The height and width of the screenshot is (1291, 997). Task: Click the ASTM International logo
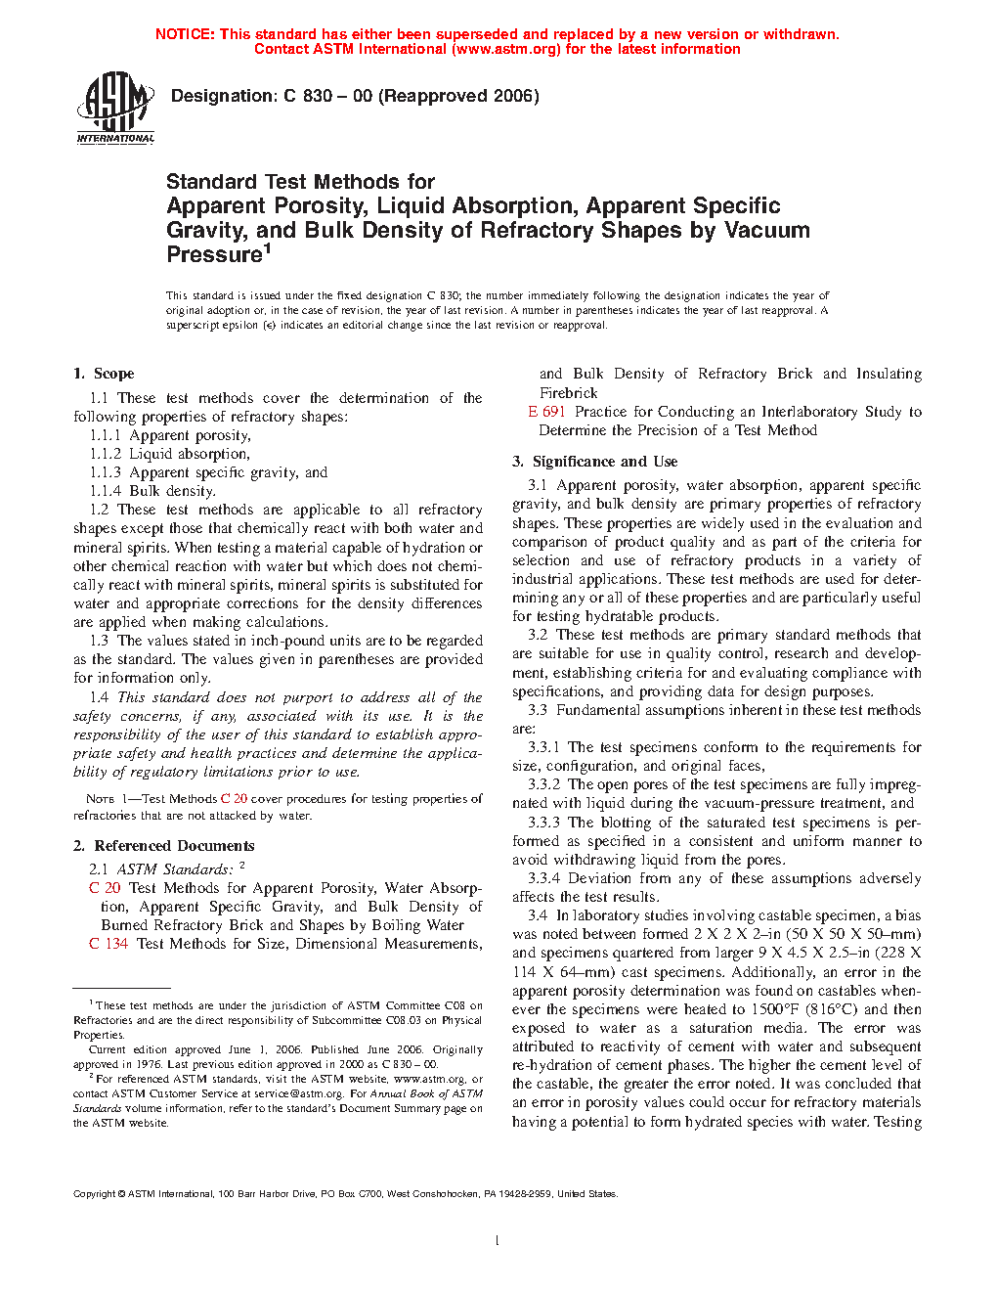click(115, 107)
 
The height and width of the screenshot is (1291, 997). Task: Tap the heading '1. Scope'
click(104, 374)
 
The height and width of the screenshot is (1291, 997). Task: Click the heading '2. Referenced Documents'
click(164, 846)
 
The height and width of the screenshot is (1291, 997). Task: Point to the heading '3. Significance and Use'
click(594, 462)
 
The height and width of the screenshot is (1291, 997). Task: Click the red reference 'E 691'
click(546, 412)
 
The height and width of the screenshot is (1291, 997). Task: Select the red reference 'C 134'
click(108, 944)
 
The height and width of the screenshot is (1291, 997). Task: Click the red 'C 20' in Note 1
click(234, 799)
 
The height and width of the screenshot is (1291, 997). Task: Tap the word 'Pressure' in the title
click(214, 255)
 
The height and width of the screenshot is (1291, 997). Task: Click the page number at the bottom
click(498, 1241)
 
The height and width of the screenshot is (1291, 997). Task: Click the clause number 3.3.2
click(543, 784)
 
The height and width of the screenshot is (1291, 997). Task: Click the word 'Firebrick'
click(568, 393)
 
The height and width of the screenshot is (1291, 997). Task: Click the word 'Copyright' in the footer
click(95, 1193)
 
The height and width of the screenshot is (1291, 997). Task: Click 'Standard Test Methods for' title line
click(300, 182)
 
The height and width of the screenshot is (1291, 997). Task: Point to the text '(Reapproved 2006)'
click(458, 96)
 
